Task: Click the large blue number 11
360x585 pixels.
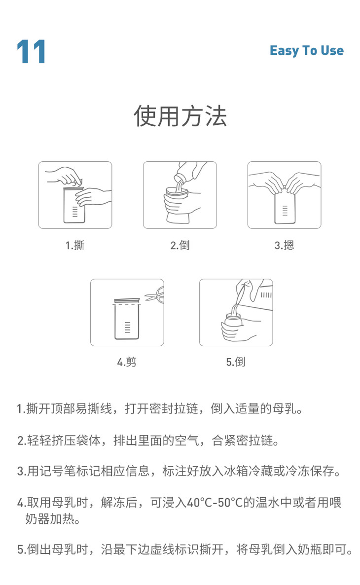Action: click(32, 51)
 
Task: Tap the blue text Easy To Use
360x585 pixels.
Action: click(307, 50)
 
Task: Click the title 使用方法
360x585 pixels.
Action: click(180, 115)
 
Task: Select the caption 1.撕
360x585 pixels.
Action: click(75, 245)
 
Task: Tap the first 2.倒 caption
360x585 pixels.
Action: click(180, 245)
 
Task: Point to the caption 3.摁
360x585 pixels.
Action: click(284, 245)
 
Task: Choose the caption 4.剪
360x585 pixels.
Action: click(127, 362)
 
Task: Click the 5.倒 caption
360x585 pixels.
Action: click(236, 362)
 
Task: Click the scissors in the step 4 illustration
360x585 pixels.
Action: click(154, 294)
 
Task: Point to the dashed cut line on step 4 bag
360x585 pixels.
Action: click(127, 304)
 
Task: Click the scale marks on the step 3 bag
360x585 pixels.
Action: click(286, 211)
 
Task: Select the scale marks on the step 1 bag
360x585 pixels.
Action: click(75, 212)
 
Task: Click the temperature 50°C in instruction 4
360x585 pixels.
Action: click(230, 503)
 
